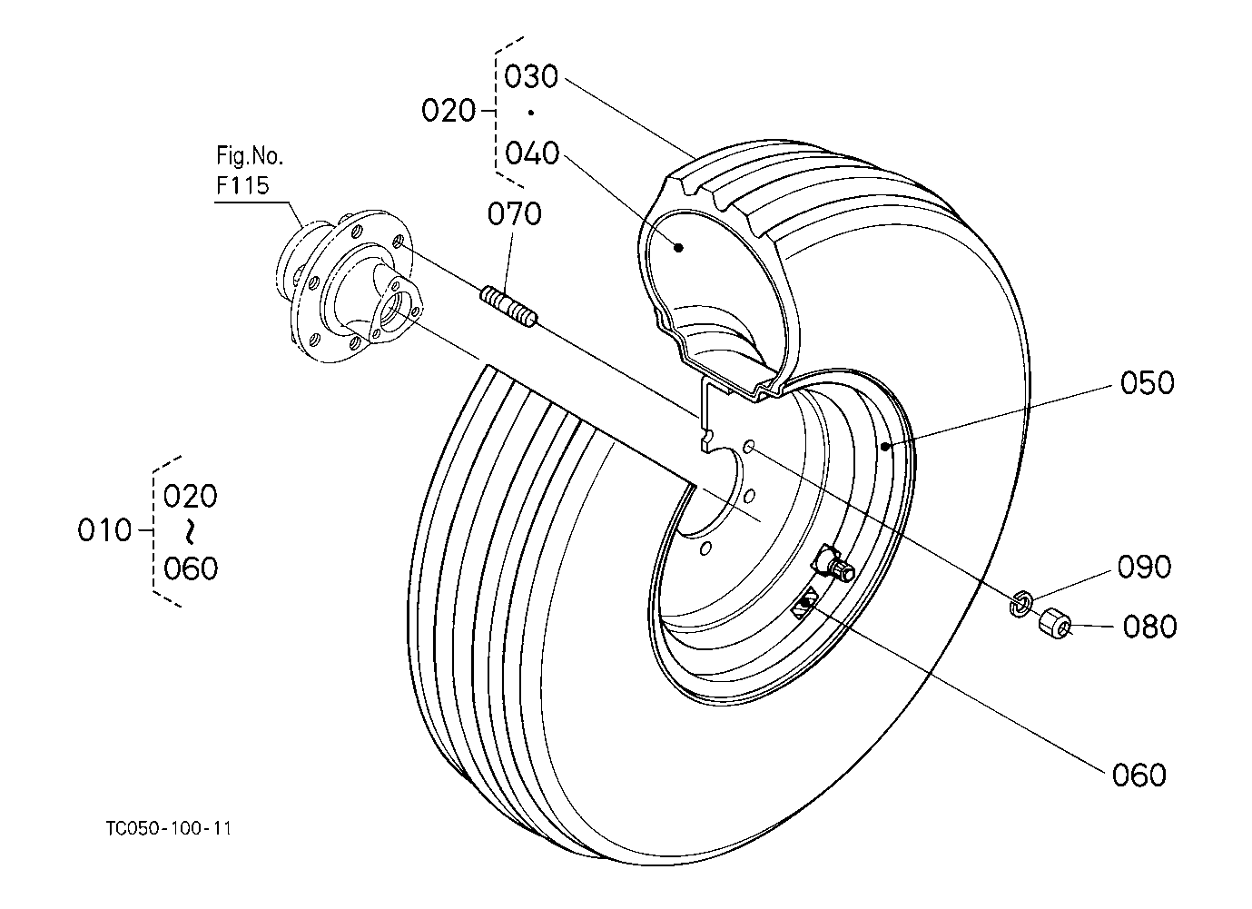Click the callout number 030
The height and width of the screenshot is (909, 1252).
(531, 76)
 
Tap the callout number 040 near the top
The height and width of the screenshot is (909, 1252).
(531, 153)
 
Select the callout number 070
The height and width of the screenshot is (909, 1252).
(514, 214)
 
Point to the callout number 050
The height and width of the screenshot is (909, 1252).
(1147, 383)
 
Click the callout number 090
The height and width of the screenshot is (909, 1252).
(1144, 567)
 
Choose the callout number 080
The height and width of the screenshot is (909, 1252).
(1149, 627)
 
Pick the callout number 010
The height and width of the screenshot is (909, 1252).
(104, 530)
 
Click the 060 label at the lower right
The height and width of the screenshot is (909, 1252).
(1139, 776)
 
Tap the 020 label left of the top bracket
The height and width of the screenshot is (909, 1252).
(449, 111)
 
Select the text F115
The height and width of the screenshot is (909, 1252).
(242, 185)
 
